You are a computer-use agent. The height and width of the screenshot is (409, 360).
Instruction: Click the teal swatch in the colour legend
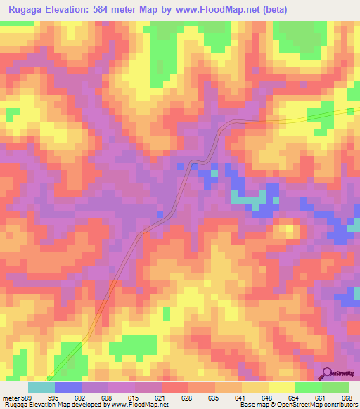(41, 387)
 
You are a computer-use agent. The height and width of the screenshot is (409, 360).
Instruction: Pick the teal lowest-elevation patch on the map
(245, 200)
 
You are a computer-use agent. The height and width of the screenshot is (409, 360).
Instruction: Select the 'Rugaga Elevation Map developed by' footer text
(49, 405)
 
